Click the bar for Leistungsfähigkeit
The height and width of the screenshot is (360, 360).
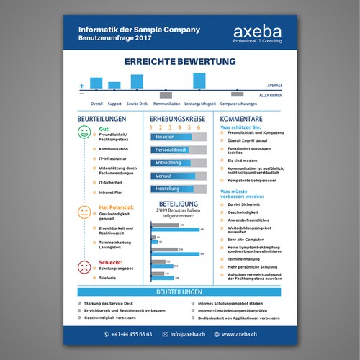point(199,80)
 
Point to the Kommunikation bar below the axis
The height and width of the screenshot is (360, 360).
point(166,94)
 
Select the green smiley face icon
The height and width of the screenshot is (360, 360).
point(84,133)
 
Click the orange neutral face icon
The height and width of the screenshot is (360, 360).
point(84,212)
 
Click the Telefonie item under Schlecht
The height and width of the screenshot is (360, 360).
point(108,277)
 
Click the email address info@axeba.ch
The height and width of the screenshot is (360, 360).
point(189,334)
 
